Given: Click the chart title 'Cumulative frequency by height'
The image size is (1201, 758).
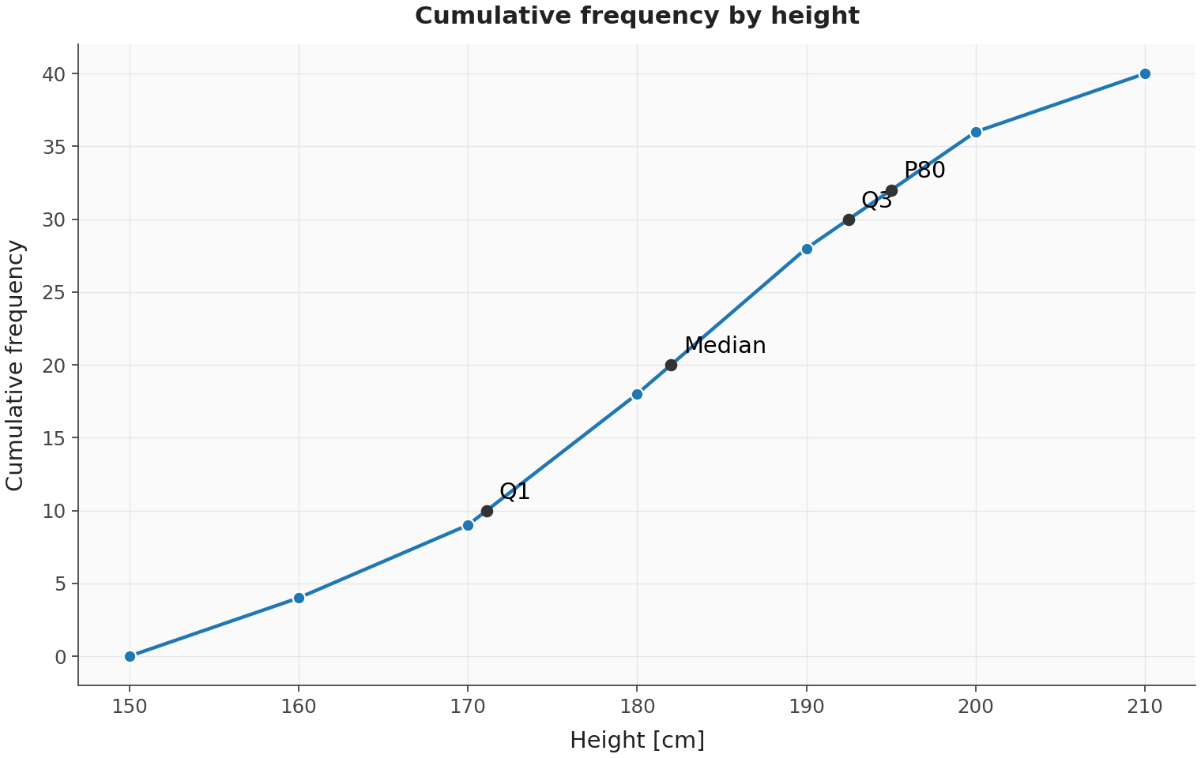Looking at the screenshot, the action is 637,16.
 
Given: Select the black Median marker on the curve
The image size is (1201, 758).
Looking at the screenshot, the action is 671,366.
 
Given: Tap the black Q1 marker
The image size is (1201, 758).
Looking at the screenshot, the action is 487,511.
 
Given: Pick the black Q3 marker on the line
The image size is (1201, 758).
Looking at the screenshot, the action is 849,220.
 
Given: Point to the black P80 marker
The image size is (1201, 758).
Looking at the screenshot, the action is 891,191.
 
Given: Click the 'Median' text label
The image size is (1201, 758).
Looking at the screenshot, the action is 725,346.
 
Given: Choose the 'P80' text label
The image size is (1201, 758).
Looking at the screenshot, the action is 925,171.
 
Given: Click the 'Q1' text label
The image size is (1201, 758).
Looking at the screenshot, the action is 514,491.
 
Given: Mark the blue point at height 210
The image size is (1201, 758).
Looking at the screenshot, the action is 1145,74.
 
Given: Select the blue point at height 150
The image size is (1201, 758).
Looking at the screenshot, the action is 130,657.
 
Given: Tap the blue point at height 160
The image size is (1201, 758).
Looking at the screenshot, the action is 299,599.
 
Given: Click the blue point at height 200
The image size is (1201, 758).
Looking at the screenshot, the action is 976,133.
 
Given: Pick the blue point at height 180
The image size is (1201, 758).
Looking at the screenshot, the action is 637,394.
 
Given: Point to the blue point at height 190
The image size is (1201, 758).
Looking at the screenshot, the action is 807,249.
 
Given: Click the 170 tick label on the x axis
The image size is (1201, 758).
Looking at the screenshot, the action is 468,707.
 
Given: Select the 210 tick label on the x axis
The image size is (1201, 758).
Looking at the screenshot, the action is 1145,707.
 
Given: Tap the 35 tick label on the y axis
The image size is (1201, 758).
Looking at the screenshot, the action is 55,147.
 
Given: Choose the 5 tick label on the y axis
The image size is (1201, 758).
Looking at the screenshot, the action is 60,584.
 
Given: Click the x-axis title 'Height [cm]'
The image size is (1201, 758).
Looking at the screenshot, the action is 637,741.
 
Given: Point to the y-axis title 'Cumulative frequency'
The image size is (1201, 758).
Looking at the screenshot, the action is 15,366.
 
